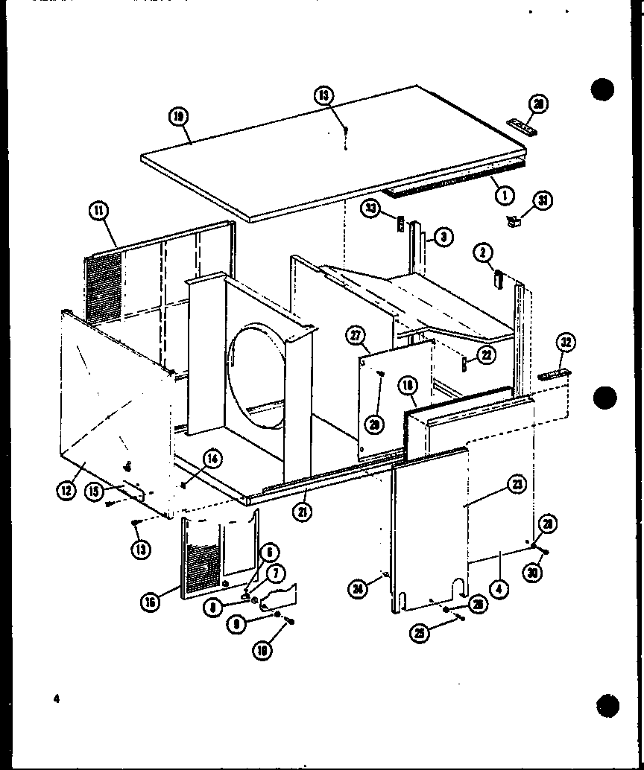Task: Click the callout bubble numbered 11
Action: (98, 212)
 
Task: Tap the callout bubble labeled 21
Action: (303, 512)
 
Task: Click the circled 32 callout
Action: (566, 343)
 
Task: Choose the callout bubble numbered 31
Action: (544, 201)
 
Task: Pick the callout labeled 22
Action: (486, 355)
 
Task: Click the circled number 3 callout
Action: (443, 238)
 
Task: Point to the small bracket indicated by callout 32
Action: (555, 372)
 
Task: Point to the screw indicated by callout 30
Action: (543, 552)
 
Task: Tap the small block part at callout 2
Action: (496, 279)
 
